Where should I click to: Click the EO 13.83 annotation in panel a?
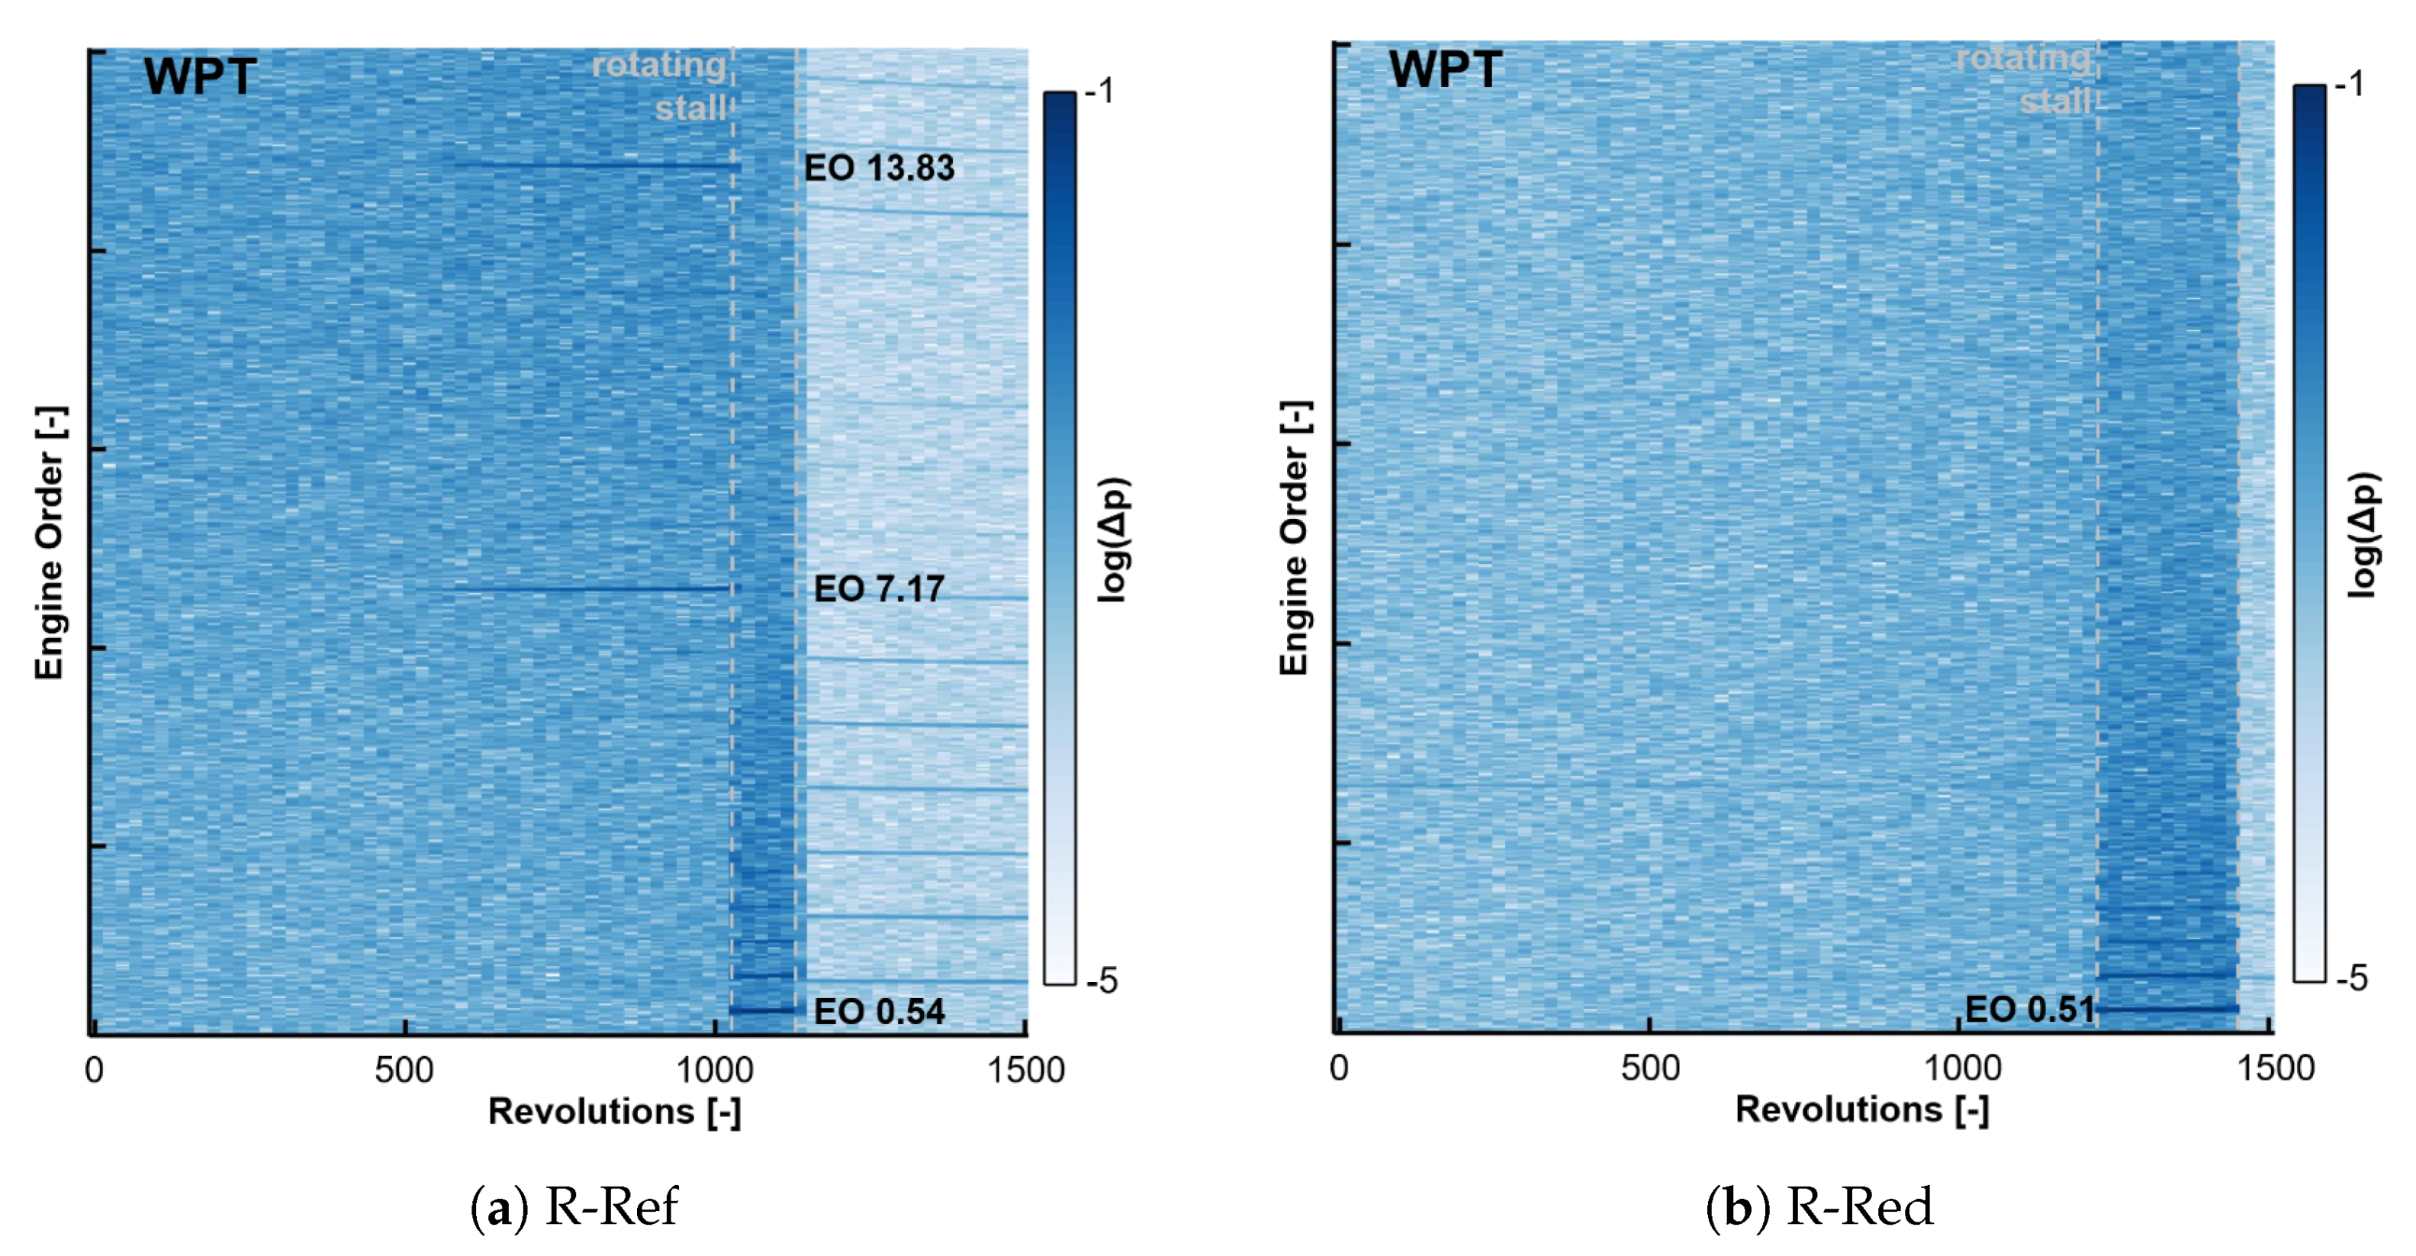point(878,168)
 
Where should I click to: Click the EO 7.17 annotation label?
point(878,589)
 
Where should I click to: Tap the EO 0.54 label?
point(878,1011)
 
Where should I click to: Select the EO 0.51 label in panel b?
point(2028,1010)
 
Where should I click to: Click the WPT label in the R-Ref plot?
point(200,77)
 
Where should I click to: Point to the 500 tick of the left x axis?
point(404,1071)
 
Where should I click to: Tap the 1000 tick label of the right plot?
point(1962,1068)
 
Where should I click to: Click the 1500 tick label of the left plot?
point(1025,1071)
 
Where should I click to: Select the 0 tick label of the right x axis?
point(1340,1068)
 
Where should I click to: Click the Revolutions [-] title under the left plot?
point(614,1112)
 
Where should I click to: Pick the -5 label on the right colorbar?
point(2352,978)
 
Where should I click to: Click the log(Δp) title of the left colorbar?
point(1115,539)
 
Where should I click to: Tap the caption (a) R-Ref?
point(574,1206)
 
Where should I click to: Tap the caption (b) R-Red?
point(1819,1206)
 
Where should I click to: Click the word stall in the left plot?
point(690,108)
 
